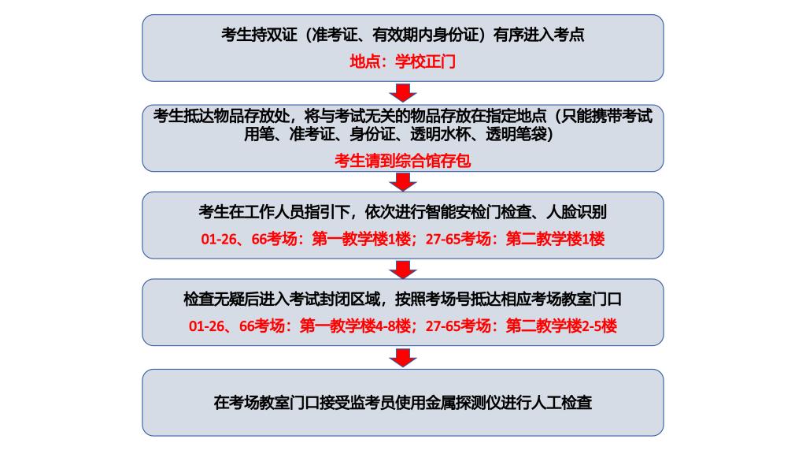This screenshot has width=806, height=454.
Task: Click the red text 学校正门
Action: tap(425, 61)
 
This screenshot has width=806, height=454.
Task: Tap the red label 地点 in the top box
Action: tap(364, 61)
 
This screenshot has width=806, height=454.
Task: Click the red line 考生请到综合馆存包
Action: tap(402, 161)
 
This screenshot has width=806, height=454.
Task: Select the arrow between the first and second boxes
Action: tap(403, 93)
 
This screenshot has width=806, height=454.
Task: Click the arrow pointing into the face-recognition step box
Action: tap(403, 182)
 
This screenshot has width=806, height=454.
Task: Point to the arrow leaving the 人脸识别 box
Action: tap(403, 270)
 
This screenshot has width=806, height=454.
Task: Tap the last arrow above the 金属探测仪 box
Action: tap(403, 358)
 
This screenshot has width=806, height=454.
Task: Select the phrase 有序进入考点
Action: tap(538, 35)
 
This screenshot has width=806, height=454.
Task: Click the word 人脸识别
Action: tap(576, 211)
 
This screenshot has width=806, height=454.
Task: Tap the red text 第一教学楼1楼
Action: tap(361, 239)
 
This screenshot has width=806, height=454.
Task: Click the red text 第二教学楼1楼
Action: tap(555, 239)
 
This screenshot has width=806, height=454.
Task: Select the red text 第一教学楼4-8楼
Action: tap(355, 326)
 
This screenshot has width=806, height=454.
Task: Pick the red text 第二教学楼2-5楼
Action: tap(561, 326)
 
